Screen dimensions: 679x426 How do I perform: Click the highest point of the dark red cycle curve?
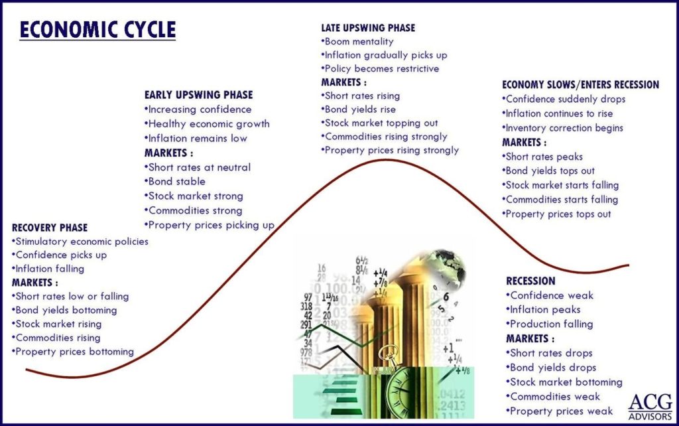click(385, 160)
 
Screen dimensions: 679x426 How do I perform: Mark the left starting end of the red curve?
click(27, 370)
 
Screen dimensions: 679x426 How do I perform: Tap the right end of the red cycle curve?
click(629, 265)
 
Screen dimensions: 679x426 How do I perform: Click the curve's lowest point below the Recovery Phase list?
click(72, 378)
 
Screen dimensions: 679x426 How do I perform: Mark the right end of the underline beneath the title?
click(176, 40)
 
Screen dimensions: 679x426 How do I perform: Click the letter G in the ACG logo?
click(662, 401)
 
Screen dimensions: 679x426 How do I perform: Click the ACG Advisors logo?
click(650, 407)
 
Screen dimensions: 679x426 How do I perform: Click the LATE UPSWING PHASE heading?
click(368, 28)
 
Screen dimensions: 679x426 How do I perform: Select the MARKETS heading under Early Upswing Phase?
click(168, 153)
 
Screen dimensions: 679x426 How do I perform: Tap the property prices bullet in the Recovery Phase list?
click(73, 352)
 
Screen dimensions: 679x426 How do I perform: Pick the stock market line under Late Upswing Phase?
click(379, 123)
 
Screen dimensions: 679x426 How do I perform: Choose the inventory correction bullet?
click(562, 128)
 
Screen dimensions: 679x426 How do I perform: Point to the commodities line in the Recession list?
click(553, 397)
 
